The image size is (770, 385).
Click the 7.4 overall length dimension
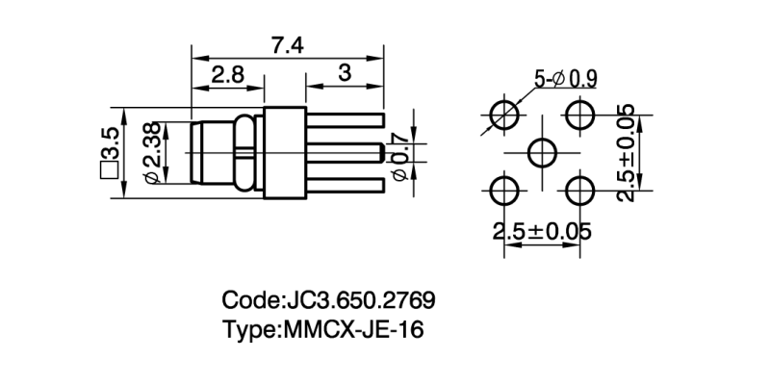pos(288,44)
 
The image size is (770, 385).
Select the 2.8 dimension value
pos(228,74)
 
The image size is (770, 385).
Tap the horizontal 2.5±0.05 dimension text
pos(542,232)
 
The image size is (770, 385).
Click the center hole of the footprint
pos(543,152)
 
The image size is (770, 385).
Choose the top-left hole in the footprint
pos(503,115)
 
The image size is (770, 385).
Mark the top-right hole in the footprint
pos(580,115)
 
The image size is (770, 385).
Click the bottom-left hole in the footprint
pos(503,190)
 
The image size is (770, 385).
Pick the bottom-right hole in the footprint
pos(580,190)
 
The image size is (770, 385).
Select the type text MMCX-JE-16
pos(352,329)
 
